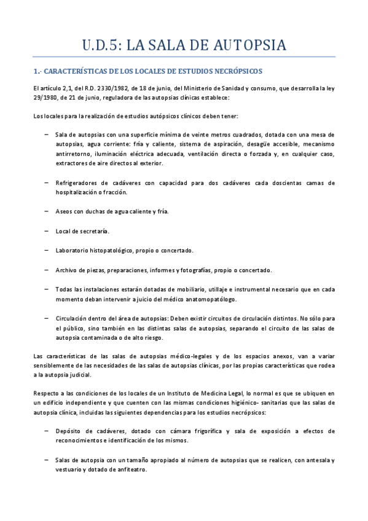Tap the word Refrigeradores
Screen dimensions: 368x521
79,183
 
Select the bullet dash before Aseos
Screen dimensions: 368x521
47,211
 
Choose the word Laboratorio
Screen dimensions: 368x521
75,250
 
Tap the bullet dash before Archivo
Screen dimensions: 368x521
47,270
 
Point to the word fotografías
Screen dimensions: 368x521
209,270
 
